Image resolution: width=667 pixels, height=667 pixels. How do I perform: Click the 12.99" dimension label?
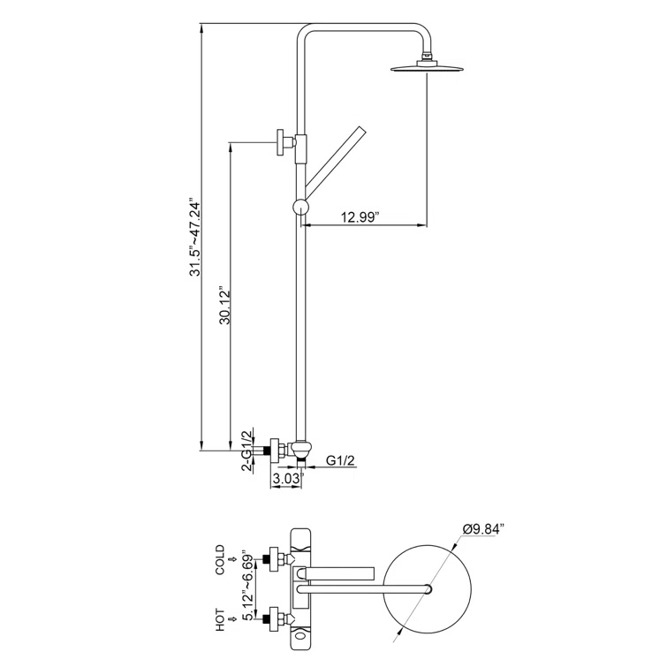(360, 216)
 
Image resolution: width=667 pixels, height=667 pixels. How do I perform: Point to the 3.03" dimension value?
(287, 478)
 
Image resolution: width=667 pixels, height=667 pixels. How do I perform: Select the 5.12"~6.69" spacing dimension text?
(249, 585)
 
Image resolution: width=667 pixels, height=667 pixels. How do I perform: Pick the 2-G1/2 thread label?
(248, 451)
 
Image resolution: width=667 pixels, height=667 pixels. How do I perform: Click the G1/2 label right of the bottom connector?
(340, 460)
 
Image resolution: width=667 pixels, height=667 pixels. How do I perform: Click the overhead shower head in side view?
(428, 68)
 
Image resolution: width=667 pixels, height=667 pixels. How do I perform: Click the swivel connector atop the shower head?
(428, 57)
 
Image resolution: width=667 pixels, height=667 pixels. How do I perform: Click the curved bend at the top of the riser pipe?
(307, 35)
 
